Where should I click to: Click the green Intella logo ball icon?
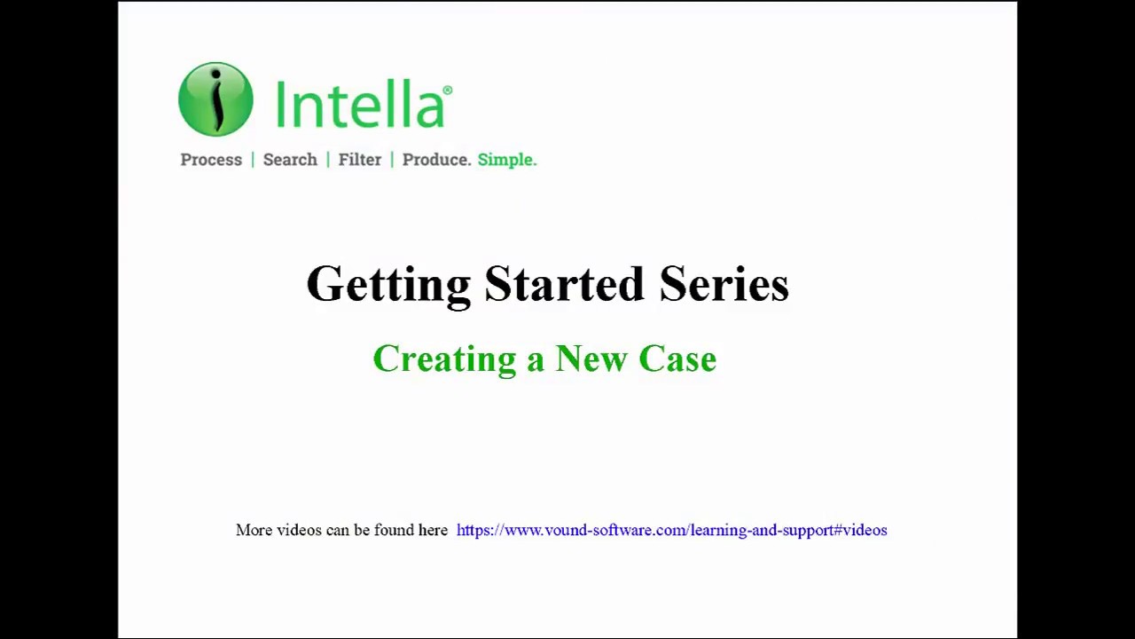(x=215, y=99)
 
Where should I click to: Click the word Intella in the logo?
(x=358, y=105)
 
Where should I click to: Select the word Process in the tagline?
(x=211, y=160)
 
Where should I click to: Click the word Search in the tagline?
(x=290, y=160)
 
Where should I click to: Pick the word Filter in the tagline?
(x=359, y=160)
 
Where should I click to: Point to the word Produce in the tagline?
(x=434, y=160)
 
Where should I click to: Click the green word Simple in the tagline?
(x=505, y=160)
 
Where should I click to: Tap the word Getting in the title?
(x=388, y=285)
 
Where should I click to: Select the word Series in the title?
(x=724, y=285)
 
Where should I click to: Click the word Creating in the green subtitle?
(x=444, y=359)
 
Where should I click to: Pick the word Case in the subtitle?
(x=677, y=359)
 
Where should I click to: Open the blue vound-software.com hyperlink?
(x=671, y=530)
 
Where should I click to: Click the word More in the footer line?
(x=254, y=530)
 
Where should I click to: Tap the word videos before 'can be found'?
(x=299, y=530)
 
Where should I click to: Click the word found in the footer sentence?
(x=395, y=530)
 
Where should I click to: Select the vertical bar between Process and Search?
(x=253, y=160)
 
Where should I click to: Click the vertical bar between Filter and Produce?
(x=392, y=160)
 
